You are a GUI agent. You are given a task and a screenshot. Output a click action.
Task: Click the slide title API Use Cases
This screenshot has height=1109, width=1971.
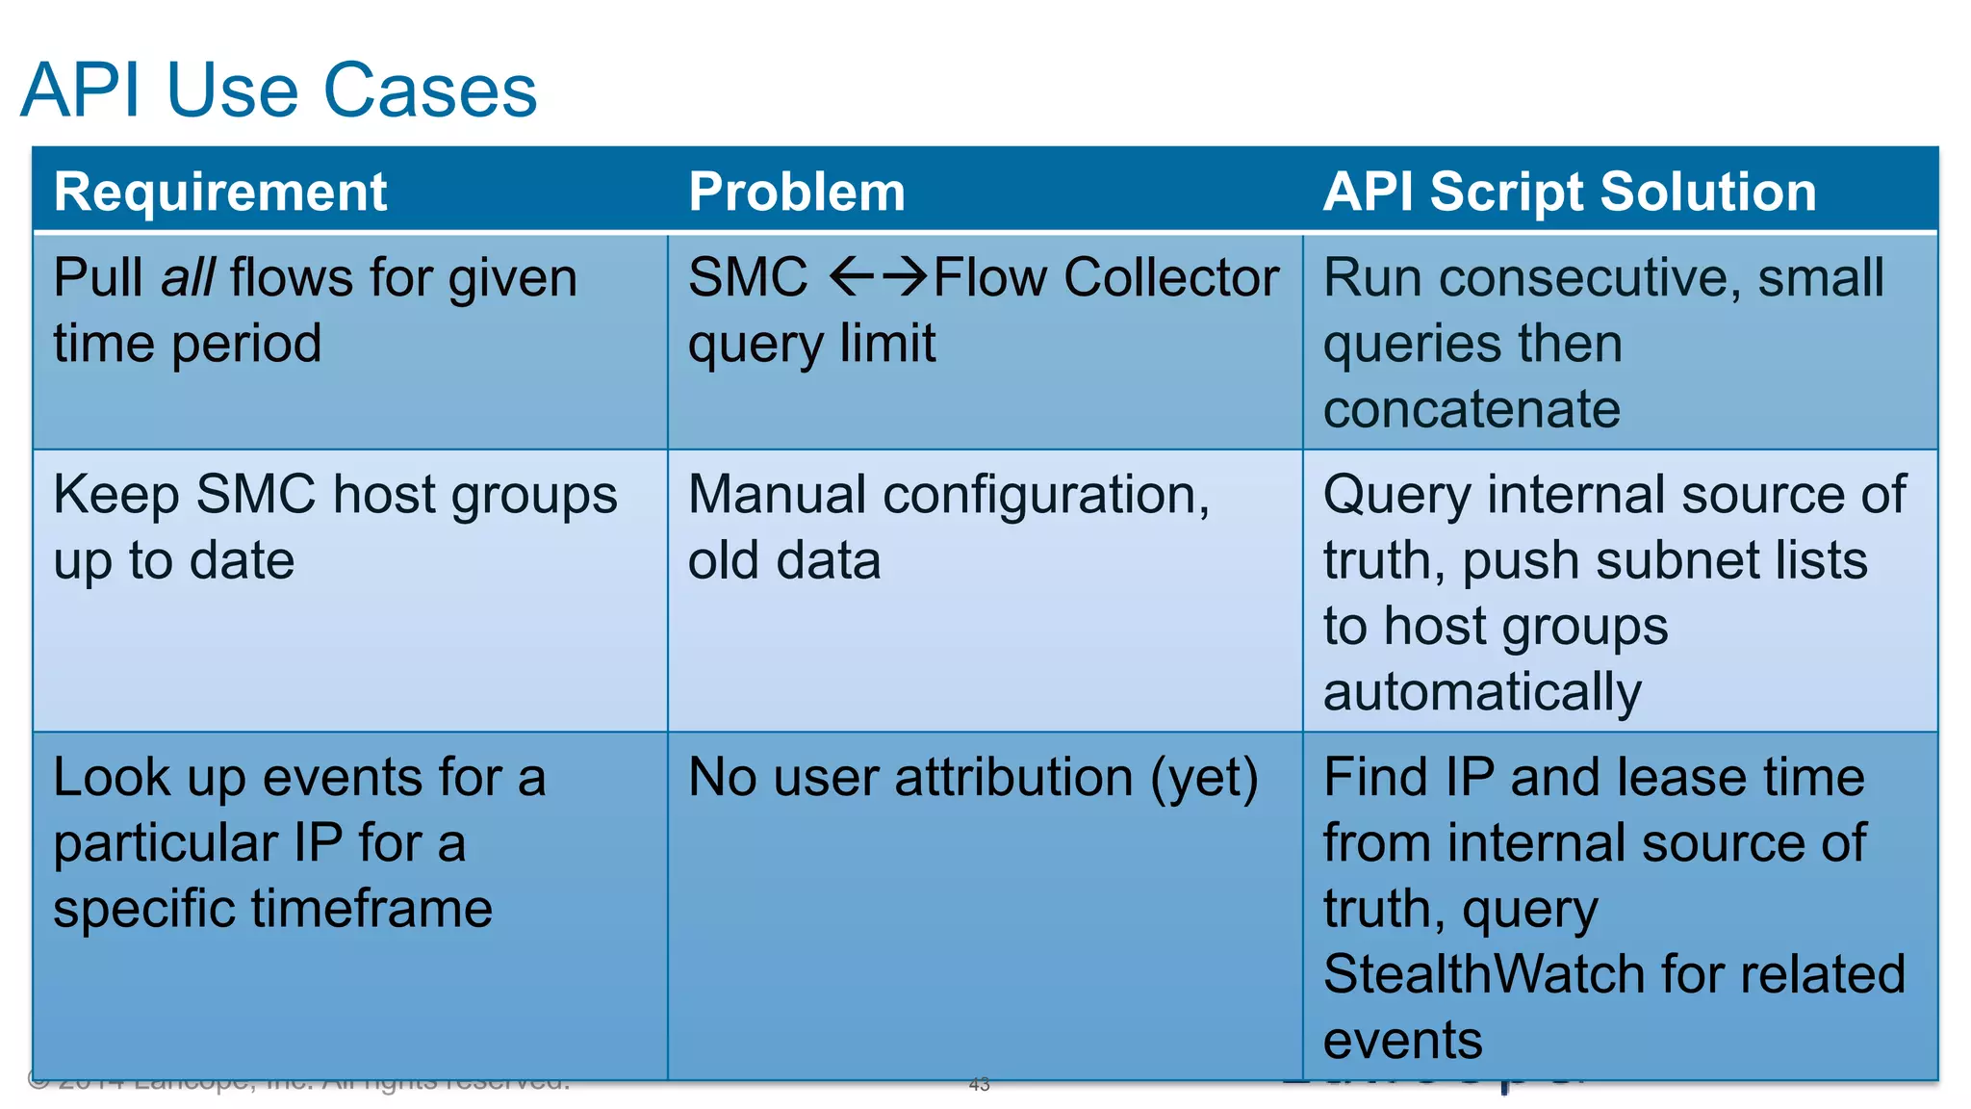pyautogui.click(x=278, y=90)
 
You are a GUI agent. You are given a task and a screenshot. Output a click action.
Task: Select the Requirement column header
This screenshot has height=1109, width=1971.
pyautogui.click(x=220, y=192)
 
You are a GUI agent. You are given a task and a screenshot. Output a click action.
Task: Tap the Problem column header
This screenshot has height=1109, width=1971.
pyautogui.click(x=797, y=192)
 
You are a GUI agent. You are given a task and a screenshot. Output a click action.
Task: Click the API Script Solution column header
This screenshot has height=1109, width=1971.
pyautogui.click(x=1570, y=192)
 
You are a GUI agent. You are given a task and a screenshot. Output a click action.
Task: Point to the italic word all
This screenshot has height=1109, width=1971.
pyautogui.click(x=188, y=278)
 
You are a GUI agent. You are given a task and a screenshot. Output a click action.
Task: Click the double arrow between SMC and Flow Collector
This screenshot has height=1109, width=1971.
pyautogui.click(x=878, y=277)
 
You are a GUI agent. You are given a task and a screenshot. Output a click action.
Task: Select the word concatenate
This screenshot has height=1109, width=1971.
pyautogui.click(x=1472, y=409)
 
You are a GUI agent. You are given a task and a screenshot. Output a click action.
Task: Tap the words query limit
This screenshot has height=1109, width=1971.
pyautogui.click(x=811, y=344)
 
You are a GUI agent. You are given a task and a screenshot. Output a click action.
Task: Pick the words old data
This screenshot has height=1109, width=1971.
pyautogui.click(x=784, y=560)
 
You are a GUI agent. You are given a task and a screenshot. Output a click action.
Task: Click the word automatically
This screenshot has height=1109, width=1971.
pyautogui.click(x=1482, y=692)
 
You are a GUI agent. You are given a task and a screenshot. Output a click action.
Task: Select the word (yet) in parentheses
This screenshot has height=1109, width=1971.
pyautogui.click(x=1204, y=778)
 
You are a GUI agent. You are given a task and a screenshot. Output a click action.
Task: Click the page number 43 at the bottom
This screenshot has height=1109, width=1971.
pyautogui.click(x=979, y=1085)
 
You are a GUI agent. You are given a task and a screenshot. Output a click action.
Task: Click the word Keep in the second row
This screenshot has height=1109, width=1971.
pyautogui.click(x=115, y=495)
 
